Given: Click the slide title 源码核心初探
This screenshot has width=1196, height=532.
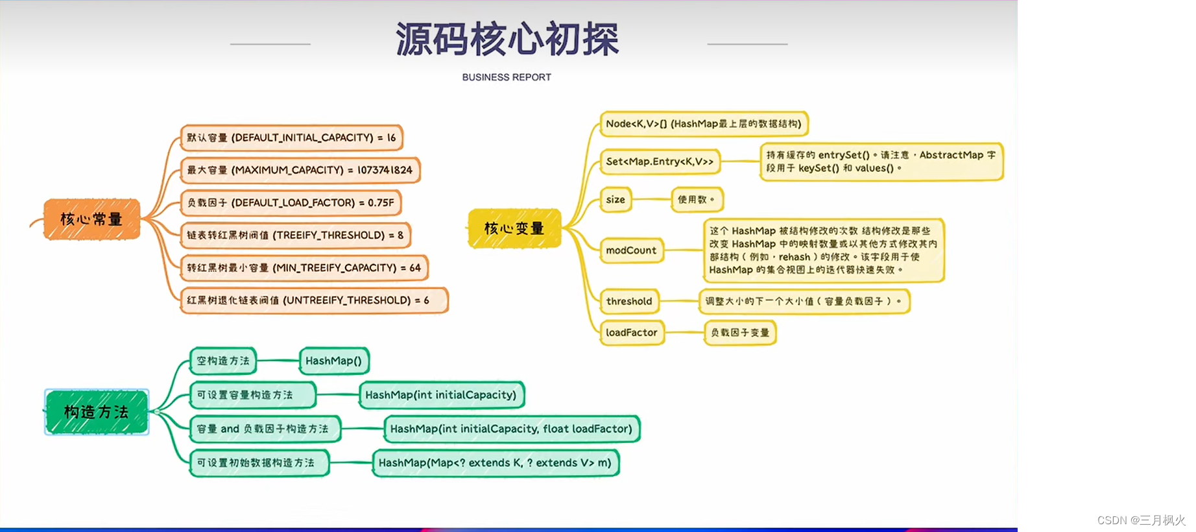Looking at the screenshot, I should point(507,39).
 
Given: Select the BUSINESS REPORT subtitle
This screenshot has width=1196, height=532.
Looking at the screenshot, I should point(507,77).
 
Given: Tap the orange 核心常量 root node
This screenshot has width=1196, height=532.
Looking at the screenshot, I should point(91,219).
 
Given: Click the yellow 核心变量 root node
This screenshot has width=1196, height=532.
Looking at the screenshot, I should point(514,228).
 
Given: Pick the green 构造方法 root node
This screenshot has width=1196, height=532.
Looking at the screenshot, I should point(97,412).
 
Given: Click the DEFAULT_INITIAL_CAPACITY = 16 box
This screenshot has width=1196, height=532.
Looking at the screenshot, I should point(291,138).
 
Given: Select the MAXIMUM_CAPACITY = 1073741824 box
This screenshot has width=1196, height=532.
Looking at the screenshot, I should point(300,170).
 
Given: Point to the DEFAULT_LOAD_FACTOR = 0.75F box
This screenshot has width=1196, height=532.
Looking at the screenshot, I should point(291,202).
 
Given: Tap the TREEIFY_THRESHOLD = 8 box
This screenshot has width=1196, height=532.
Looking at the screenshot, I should point(295,235).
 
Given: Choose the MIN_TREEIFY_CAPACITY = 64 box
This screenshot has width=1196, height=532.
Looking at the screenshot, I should point(304,267).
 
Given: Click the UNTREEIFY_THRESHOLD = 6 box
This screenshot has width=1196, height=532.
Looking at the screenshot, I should point(313,300).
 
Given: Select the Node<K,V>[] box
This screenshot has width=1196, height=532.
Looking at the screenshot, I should point(704,124).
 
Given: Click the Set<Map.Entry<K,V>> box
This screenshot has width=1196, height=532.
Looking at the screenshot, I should point(660,162).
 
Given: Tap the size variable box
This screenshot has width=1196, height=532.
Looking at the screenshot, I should point(616,200).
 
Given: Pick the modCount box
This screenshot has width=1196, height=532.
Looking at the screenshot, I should point(631,250).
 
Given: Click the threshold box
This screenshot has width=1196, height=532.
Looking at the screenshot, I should point(629,301).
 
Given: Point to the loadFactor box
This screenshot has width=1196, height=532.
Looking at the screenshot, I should point(632,332).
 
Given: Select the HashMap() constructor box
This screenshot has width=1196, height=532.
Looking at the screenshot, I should point(333,361).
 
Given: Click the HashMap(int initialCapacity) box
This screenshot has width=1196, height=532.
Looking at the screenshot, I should point(441,395).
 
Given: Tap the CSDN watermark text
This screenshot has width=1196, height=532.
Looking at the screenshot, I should point(1141,520).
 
